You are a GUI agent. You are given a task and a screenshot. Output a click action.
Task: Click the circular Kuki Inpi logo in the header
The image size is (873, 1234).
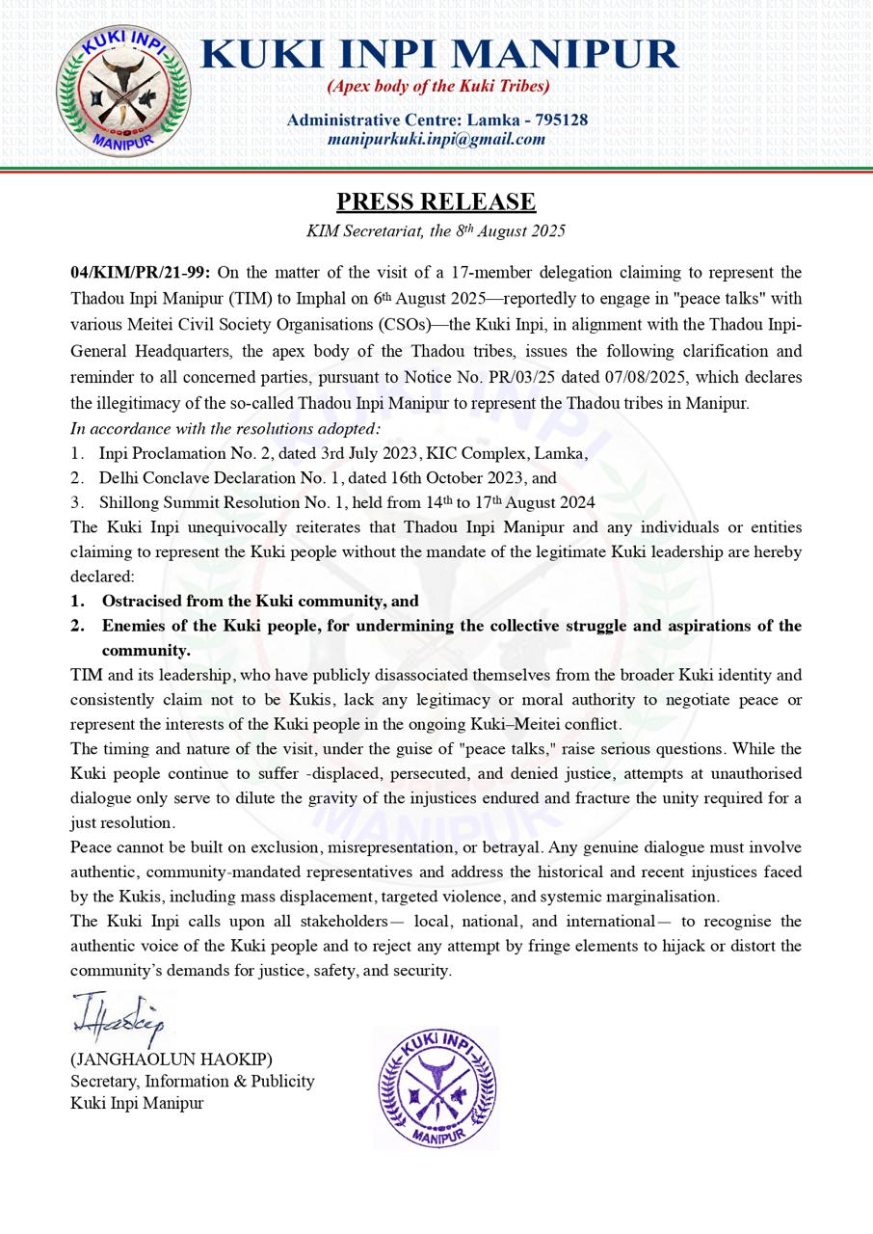(122, 92)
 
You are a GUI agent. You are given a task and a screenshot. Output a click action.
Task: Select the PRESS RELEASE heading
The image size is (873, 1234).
(436, 201)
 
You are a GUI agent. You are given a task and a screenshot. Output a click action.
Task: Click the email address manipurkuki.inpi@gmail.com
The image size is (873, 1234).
(436, 139)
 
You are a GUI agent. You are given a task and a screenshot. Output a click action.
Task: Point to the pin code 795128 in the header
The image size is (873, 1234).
(556, 121)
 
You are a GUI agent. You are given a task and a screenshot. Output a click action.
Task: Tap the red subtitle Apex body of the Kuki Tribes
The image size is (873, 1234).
(438, 87)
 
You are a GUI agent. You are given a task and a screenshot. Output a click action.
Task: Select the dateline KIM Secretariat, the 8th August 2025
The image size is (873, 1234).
(436, 231)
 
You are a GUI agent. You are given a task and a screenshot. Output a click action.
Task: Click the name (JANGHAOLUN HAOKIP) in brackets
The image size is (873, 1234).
(172, 1060)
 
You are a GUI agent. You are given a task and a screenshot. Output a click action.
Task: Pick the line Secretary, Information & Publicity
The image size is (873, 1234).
(193, 1082)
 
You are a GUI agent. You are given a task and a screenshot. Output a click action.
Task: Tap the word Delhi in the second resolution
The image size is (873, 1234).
(119, 477)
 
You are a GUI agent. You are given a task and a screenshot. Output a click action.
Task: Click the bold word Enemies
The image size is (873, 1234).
(135, 626)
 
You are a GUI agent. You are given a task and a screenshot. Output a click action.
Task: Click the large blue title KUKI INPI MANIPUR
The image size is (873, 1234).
(439, 53)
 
